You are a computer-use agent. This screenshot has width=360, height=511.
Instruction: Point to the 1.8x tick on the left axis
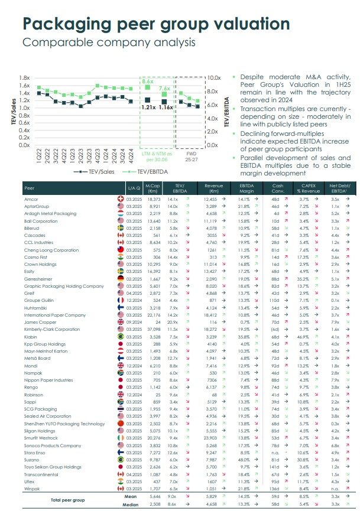pyautogui.click(x=24, y=78)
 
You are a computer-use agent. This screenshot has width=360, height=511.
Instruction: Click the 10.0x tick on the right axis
pyautogui.click(x=213, y=78)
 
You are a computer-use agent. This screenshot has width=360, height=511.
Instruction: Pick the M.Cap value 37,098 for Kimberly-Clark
pyautogui.click(x=153, y=329)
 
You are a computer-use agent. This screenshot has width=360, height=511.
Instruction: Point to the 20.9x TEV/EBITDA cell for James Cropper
pyautogui.click(x=173, y=323)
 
